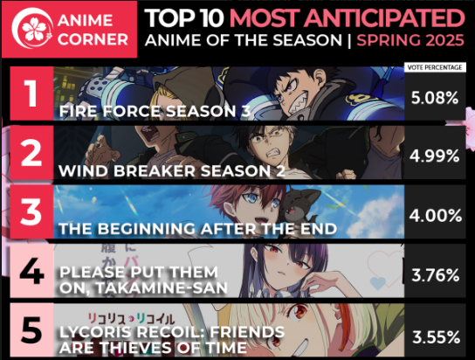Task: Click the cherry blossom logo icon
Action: tap(32, 28)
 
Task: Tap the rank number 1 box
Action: tap(31, 93)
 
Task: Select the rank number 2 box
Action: tap(31, 152)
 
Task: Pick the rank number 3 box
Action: tap(31, 211)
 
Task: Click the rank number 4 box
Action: tap(31, 271)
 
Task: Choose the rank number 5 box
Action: tap(31, 330)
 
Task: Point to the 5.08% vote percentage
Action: tap(435, 98)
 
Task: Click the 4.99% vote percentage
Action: tap(435, 156)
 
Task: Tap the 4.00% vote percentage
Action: tap(436, 216)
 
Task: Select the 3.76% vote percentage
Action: tap(436, 275)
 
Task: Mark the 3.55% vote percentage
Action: tap(437, 337)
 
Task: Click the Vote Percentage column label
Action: tap(435, 67)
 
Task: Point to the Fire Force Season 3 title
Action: tap(155, 111)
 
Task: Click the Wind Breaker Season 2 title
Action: tap(172, 171)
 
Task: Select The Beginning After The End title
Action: tap(197, 228)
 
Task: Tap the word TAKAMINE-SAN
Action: tap(162, 287)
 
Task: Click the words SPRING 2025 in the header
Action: tap(410, 40)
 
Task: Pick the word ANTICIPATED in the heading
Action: tap(384, 18)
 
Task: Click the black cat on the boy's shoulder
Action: tap(300, 206)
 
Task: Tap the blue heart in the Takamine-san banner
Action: tap(378, 283)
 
